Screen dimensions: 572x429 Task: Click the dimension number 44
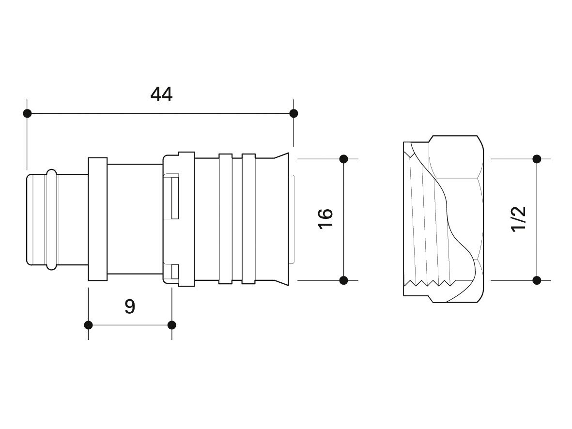point(161,94)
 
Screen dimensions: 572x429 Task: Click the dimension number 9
point(130,306)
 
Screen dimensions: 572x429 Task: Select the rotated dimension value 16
point(326,218)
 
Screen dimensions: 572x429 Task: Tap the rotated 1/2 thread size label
point(519,219)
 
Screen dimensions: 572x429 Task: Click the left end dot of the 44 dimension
point(27,113)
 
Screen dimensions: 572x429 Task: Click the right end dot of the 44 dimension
point(294,113)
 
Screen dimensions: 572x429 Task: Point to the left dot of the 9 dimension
point(88,325)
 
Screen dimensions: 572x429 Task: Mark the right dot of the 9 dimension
point(172,325)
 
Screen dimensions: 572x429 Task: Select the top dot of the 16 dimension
point(344,159)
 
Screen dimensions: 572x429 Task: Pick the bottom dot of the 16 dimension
point(344,280)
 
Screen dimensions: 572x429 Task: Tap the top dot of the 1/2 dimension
point(537,159)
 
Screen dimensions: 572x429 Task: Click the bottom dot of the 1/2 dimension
point(537,280)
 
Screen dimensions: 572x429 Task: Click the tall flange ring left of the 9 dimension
point(98,219)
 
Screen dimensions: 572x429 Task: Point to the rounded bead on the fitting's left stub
point(51,219)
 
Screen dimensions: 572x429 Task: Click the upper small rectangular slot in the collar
point(175,198)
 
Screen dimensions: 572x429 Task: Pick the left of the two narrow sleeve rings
point(225,219)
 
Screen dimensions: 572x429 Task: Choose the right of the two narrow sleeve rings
point(248,219)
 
